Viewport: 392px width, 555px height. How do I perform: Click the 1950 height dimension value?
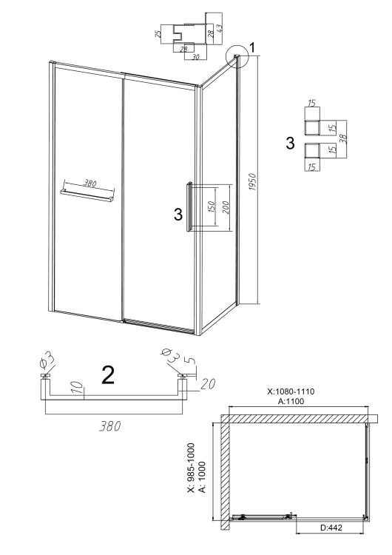pos(252,182)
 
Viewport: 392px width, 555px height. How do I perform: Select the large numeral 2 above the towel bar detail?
pos(108,375)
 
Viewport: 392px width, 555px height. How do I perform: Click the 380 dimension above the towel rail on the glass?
pos(89,184)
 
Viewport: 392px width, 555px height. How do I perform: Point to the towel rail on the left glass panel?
pos(87,195)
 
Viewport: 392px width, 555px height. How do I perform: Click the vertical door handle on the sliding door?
pos(189,206)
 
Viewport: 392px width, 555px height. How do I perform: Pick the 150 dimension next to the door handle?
pos(211,208)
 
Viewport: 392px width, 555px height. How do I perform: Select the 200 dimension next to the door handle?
pos(226,207)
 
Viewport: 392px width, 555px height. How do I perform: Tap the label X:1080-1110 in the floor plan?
pos(291,391)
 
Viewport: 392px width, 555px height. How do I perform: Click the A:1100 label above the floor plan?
pos(291,401)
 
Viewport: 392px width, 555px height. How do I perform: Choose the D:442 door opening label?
pos(331,528)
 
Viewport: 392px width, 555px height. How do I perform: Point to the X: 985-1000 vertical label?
pos(192,468)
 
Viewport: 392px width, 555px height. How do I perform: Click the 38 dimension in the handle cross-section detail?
pos(342,138)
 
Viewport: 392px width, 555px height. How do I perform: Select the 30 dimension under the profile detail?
pos(195,56)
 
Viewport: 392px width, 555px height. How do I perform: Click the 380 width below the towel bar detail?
pos(109,426)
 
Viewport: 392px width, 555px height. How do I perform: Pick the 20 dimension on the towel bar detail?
pos(208,383)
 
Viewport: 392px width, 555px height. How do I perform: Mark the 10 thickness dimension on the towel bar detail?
pos(79,388)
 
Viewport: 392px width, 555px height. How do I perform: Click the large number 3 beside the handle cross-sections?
pos(290,144)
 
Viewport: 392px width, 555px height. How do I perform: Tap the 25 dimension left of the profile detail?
pos(158,34)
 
